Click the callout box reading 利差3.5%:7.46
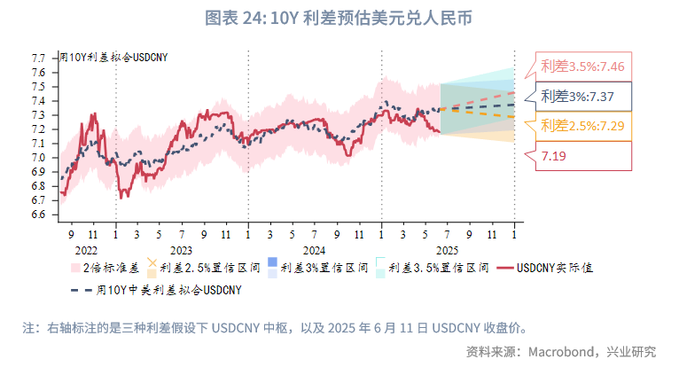582,66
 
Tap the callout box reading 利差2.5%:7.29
582,126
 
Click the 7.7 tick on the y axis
39,59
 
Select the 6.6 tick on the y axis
39,215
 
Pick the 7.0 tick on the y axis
39,158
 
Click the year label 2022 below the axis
85,252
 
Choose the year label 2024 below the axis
314,252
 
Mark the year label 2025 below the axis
447,252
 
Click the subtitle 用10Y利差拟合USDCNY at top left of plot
113,58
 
